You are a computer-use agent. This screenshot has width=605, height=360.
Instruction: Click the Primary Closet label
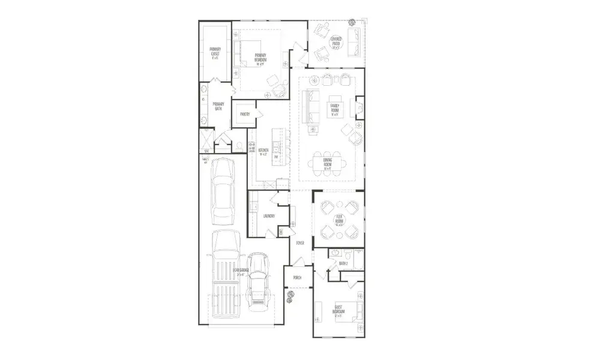(x=214, y=52)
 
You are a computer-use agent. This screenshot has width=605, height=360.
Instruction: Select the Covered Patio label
(x=336, y=43)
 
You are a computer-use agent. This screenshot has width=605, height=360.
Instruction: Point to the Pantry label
(x=245, y=114)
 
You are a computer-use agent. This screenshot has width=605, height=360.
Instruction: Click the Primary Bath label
(x=218, y=106)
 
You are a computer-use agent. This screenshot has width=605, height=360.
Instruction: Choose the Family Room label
(x=334, y=109)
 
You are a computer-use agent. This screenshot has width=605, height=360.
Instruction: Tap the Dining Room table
(x=328, y=163)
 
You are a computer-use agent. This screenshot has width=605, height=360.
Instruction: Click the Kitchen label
(x=263, y=151)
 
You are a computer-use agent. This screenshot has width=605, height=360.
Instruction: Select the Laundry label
(x=269, y=216)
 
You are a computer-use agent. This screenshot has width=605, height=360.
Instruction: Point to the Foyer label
(x=300, y=243)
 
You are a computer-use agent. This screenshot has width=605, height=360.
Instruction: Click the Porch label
(x=297, y=278)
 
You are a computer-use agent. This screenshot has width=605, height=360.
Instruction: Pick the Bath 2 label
(x=343, y=263)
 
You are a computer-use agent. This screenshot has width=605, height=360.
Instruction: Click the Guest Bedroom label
(x=339, y=310)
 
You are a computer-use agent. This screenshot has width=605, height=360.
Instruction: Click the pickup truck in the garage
(x=225, y=273)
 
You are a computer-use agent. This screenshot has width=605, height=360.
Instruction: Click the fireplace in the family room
(x=360, y=109)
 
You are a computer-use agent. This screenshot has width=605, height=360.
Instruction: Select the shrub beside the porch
(x=292, y=295)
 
